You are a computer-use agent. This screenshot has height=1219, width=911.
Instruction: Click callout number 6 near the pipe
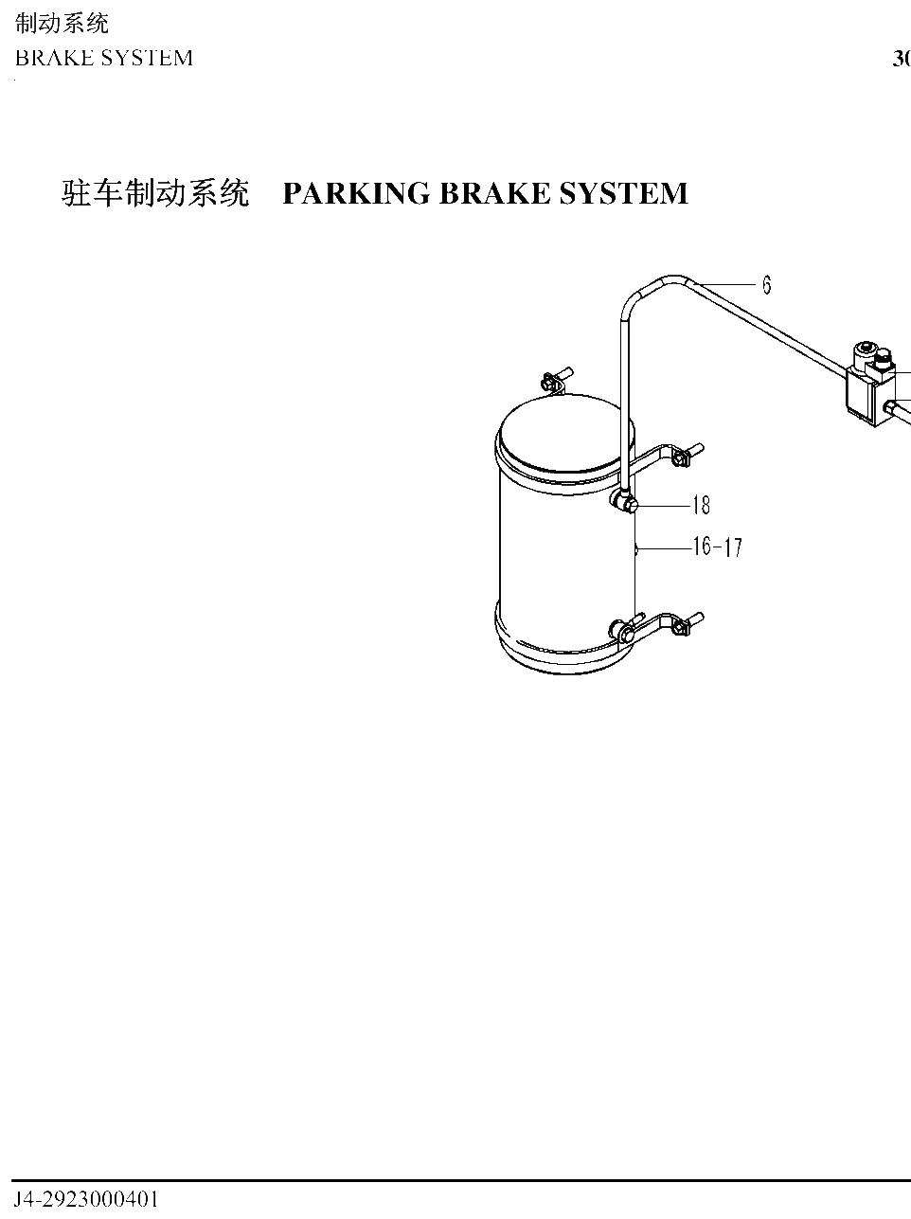(x=767, y=285)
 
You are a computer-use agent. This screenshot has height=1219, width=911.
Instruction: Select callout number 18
(x=702, y=505)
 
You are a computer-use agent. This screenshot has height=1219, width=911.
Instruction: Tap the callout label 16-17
(x=717, y=547)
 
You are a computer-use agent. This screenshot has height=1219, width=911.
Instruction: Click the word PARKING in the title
(x=356, y=193)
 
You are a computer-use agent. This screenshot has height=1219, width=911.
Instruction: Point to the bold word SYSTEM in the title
(x=623, y=193)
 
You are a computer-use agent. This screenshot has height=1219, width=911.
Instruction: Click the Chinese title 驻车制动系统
(x=155, y=193)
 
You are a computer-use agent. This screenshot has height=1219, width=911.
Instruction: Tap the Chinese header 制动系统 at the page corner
(x=62, y=24)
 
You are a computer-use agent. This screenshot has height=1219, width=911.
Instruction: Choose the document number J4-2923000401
(x=86, y=1199)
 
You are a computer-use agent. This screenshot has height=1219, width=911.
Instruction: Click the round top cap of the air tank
(x=565, y=433)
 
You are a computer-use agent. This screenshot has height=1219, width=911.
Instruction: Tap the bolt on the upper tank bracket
(x=688, y=456)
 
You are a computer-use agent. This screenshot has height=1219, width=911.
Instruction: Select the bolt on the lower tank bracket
(x=688, y=625)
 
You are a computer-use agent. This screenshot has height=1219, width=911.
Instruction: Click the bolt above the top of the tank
(x=556, y=379)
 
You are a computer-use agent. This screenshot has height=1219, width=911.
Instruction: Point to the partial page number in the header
(x=902, y=59)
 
